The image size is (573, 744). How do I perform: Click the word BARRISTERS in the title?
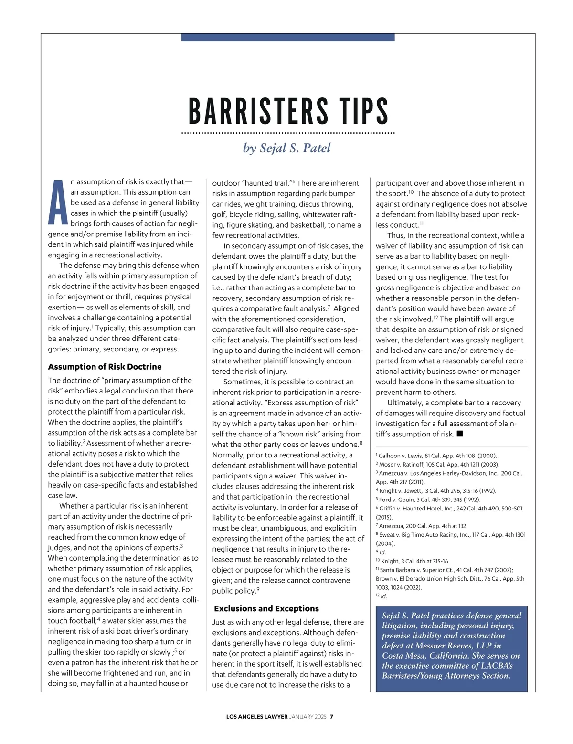258,111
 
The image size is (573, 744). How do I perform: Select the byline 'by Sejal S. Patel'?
286,148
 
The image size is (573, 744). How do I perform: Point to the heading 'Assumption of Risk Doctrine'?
105,367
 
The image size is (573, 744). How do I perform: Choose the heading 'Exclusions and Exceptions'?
266,608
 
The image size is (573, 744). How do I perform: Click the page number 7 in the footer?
331,716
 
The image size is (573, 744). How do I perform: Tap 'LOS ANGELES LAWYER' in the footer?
257,716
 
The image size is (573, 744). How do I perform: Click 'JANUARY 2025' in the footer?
308,716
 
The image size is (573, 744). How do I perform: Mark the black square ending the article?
460,434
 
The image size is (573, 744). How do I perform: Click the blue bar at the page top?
288,37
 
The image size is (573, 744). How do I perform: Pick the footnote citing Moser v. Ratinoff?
437,464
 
